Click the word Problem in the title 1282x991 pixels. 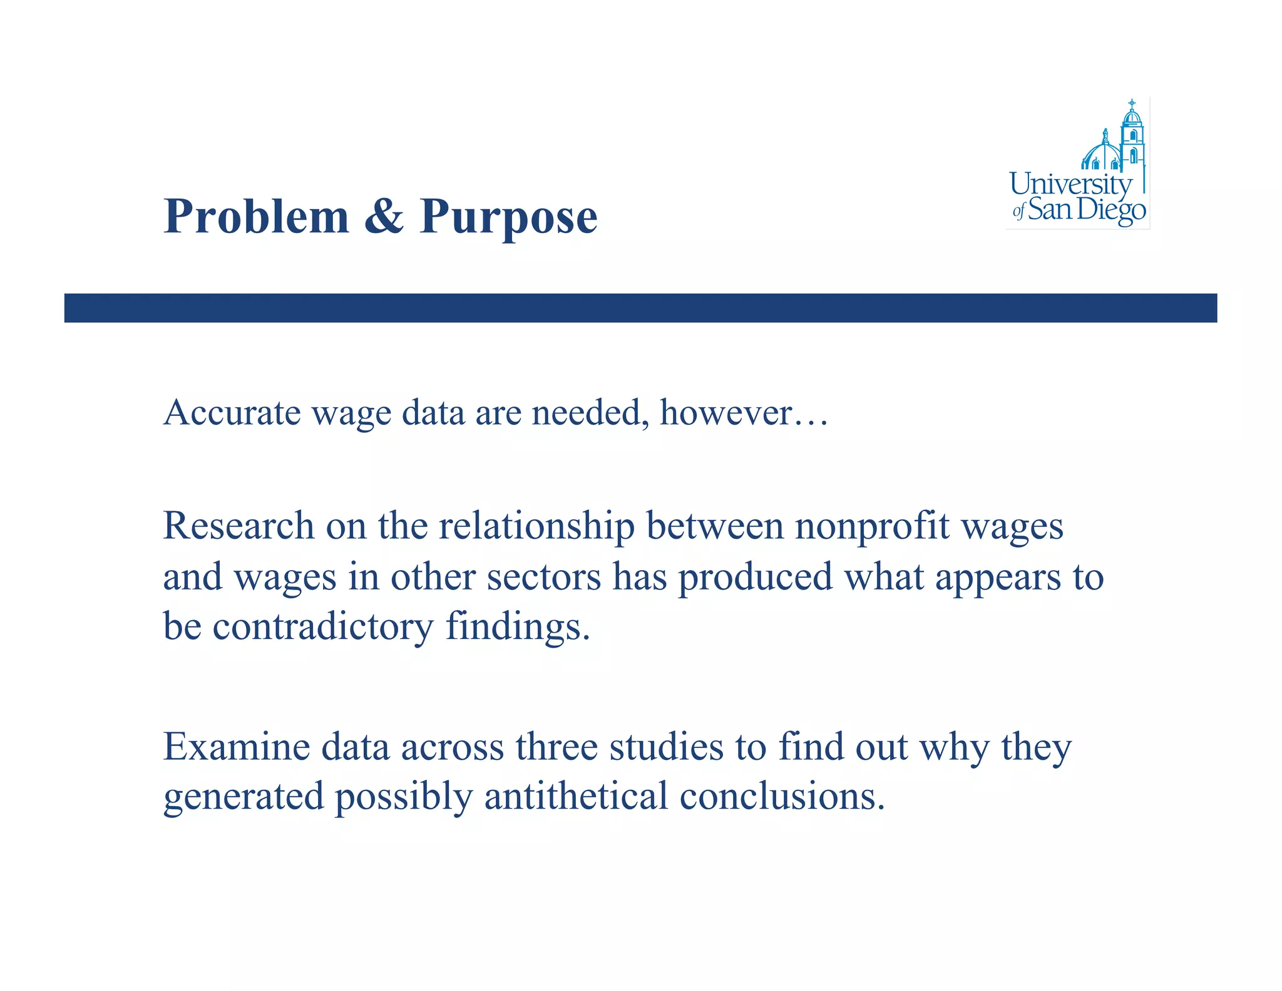[256, 217]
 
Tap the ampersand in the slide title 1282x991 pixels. [384, 217]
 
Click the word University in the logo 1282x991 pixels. [1070, 184]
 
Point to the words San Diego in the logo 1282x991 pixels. [1087, 210]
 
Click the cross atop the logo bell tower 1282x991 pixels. [1132, 102]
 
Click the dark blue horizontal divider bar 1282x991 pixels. [640, 308]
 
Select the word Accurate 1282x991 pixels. [232, 413]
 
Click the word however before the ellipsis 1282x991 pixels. [726, 413]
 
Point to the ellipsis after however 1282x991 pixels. [811, 421]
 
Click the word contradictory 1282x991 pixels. [322, 626]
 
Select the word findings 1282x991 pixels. [518, 626]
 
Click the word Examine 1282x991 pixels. [237, 747]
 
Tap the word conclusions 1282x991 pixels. [782, 796]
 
